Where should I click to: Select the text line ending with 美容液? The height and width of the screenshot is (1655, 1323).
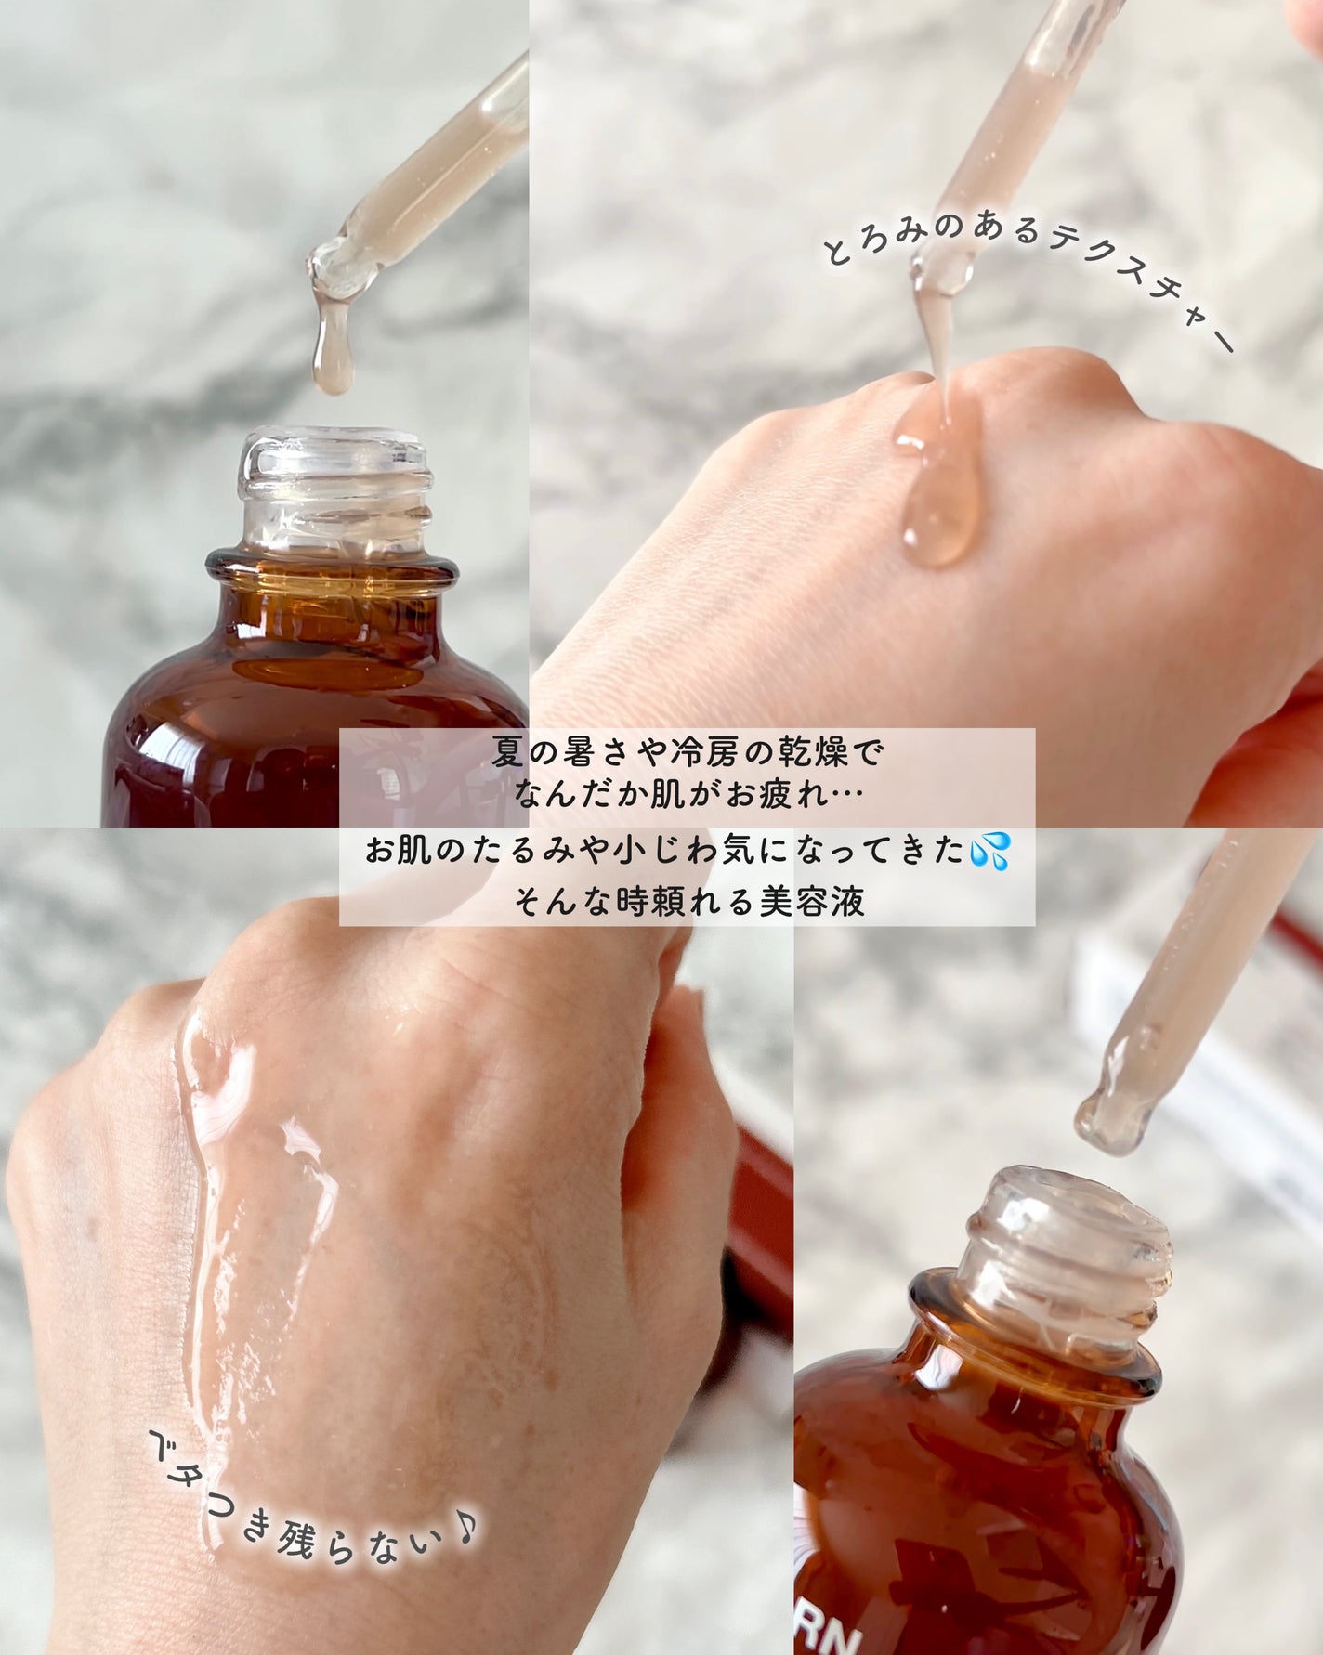tap(688, 901)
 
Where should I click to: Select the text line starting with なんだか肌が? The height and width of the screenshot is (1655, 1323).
tap(688, 795)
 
